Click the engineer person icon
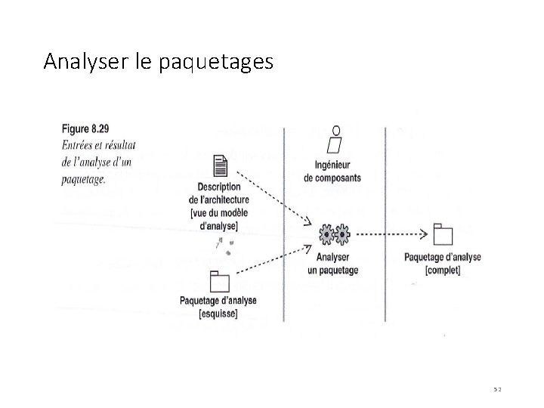(335, 140)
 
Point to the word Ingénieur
(333, 166)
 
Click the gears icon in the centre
(333, 234)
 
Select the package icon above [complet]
(443, 235)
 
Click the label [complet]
(443, 269)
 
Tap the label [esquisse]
(218, 313)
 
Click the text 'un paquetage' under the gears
(333, 270)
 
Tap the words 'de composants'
(333, 178)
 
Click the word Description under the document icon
(218, 187)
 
